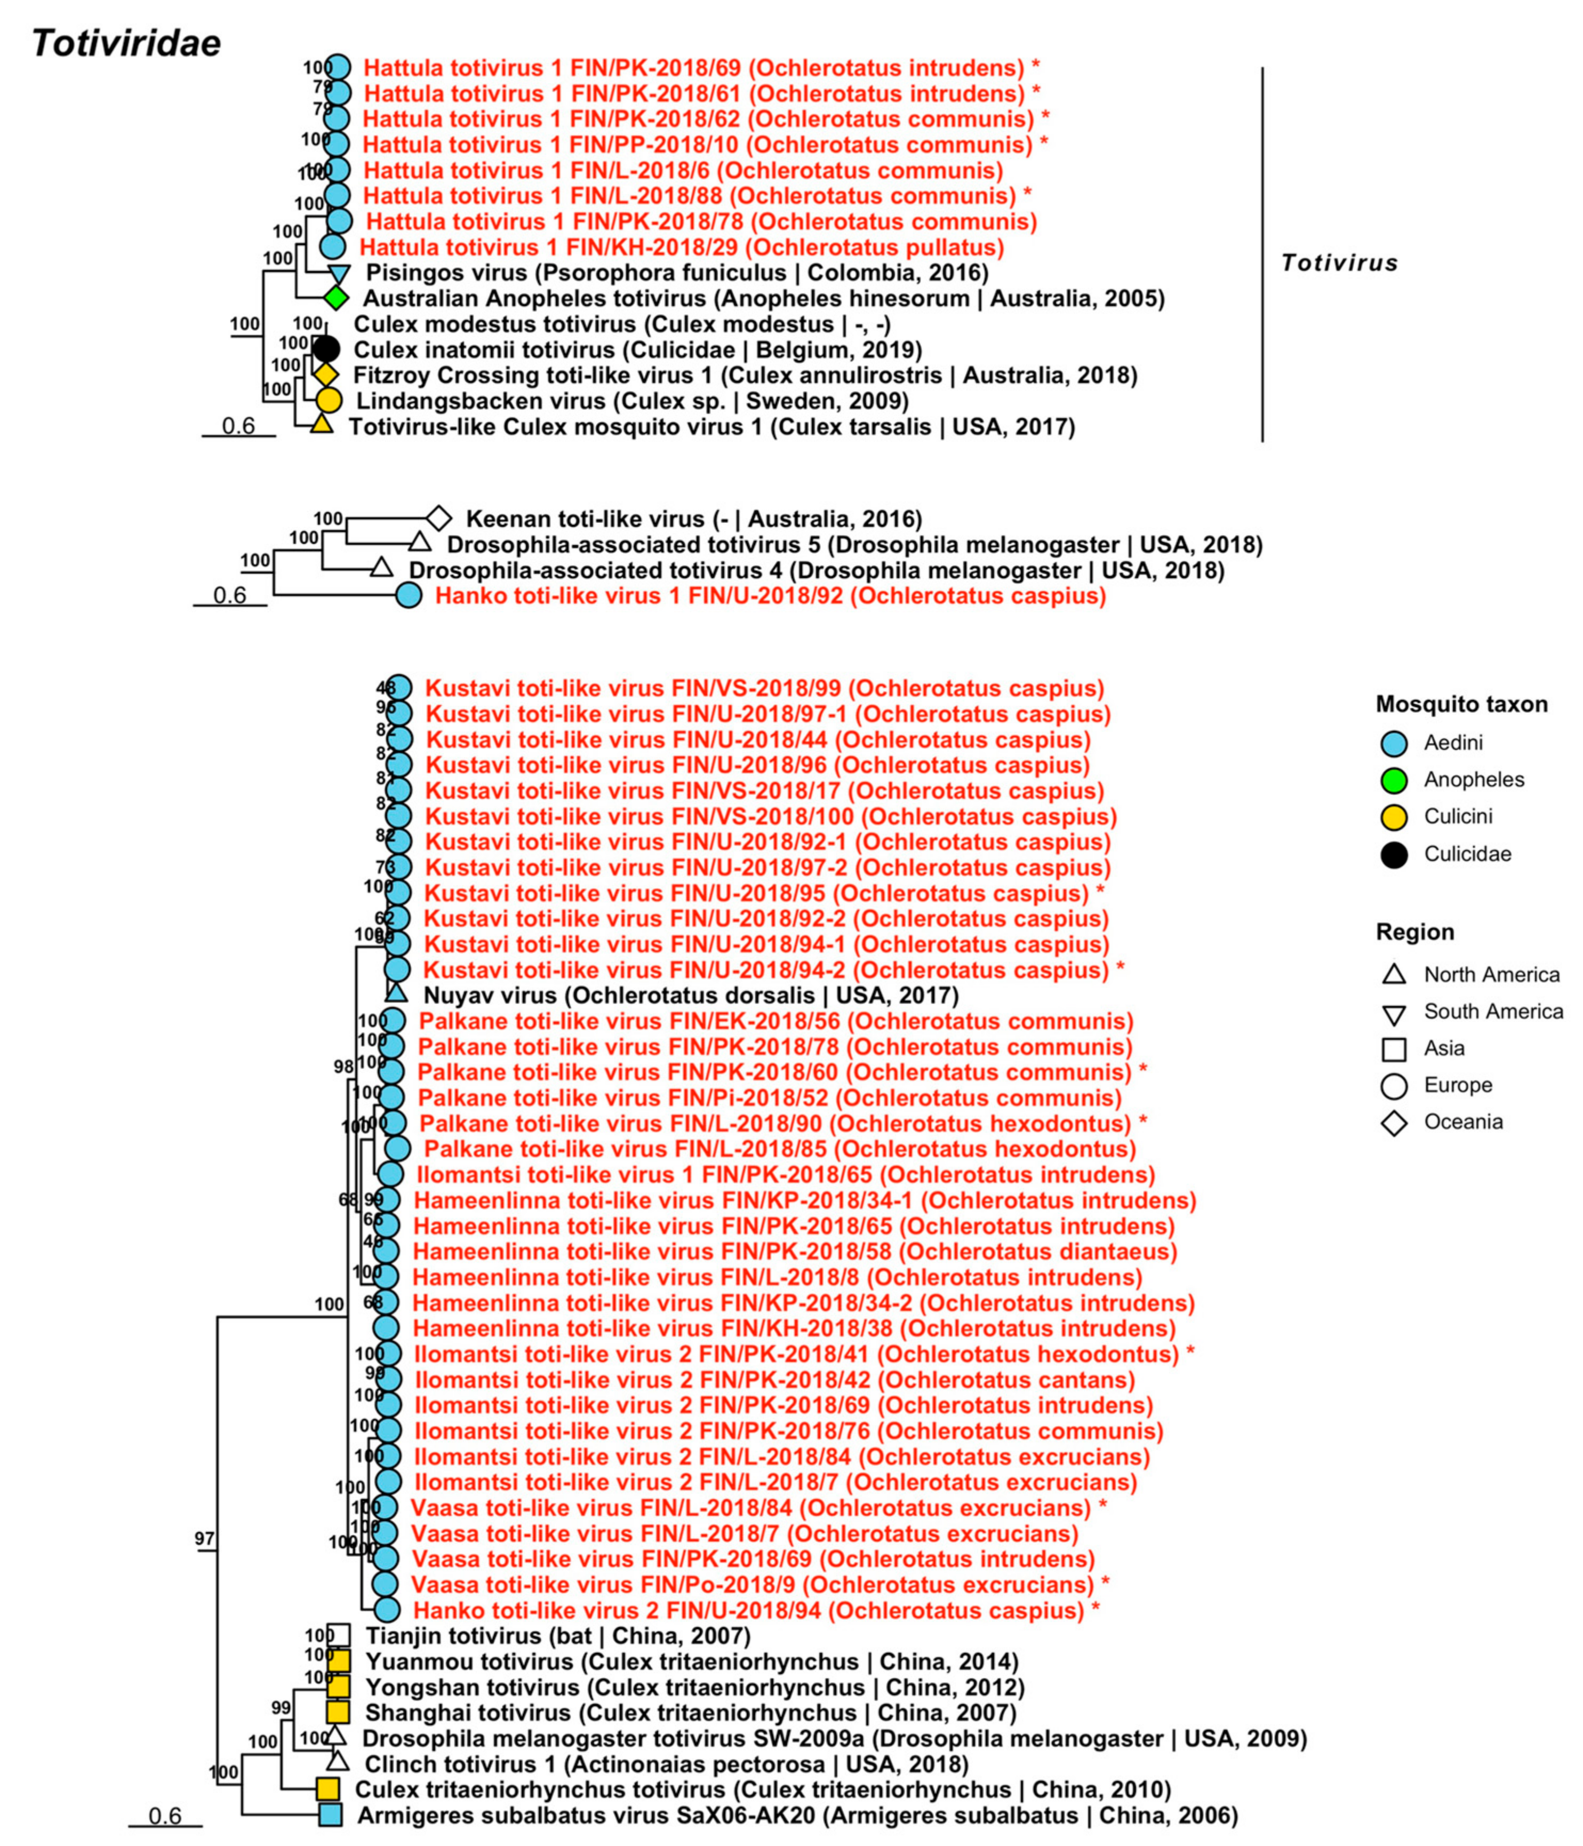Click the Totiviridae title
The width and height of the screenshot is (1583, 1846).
[x=126, y=43]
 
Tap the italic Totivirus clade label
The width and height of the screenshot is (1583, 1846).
[x=1339, y=263]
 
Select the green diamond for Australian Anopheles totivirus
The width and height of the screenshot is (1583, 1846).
[x=336, y=298]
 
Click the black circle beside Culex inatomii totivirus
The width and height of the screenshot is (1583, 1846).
[x=327, y=349]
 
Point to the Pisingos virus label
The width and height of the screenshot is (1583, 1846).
[x=677, y=273]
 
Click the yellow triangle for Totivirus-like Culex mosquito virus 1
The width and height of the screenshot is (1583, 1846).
[x=322, y=425]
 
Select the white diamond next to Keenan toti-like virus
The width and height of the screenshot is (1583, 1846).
[x=438, y=518]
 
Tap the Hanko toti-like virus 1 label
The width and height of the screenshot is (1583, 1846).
[x=770, y=595]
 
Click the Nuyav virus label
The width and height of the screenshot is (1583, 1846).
[x=690, y=995]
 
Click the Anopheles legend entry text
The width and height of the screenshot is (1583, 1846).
[x=1474, y=779]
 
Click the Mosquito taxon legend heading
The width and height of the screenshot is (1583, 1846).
[x=1461, y=704]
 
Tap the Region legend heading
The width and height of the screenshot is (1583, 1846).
[x=1414, y=932]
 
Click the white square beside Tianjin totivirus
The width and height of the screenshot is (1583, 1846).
[x=339, y=1635]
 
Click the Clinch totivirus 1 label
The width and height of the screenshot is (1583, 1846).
[x=666, y=1764]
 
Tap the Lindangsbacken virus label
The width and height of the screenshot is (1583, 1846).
[x=633, y=401]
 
